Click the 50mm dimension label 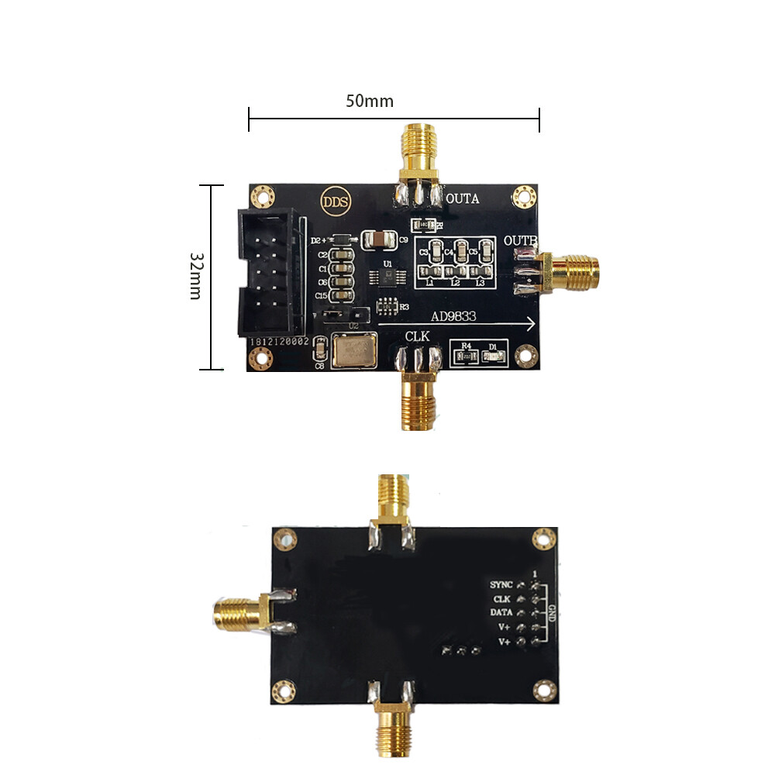click(x=370, y=101)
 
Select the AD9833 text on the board click(x=455, y=315)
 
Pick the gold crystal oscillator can click(x=352, y=350)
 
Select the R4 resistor click(x=464, y=356)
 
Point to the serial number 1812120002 click(x=278, y=341)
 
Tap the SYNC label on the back click(x=501, y=584)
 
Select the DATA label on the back click(x=501, y=612)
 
